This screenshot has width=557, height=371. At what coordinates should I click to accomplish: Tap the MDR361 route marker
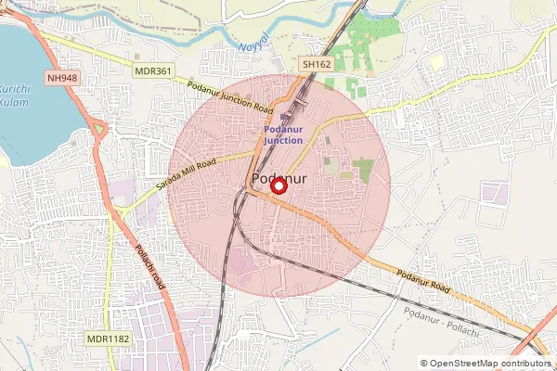153,70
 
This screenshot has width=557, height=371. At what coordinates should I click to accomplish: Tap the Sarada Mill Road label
186,174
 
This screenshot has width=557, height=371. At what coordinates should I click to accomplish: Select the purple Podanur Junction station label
283,135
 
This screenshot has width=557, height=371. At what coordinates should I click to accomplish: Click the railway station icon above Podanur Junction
284,117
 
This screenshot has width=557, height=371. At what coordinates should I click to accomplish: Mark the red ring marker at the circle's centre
277,185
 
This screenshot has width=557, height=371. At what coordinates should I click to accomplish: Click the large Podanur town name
279,180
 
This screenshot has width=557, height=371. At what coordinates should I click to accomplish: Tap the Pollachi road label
149,266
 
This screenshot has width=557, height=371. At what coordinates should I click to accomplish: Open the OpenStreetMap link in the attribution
469,364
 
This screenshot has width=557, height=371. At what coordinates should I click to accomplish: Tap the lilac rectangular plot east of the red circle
493,194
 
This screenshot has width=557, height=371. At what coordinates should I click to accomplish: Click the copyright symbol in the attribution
425,364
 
